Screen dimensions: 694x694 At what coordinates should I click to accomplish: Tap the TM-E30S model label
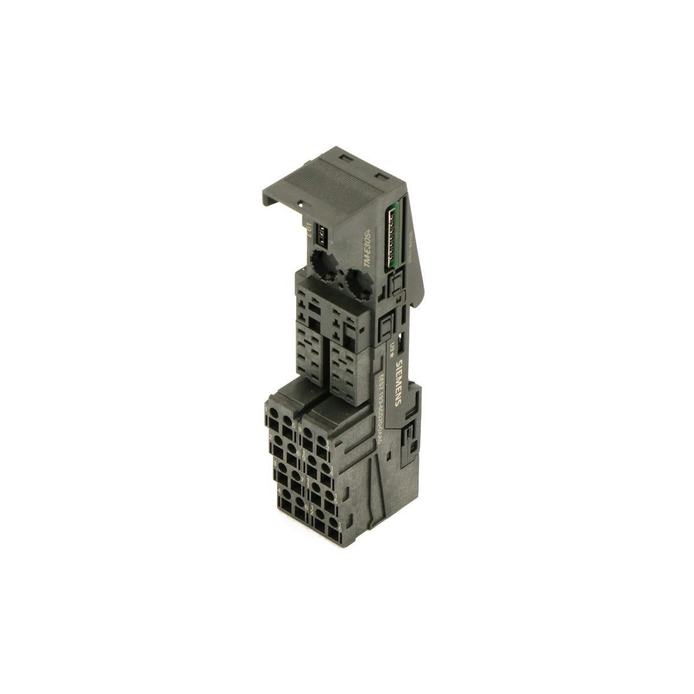366,254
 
